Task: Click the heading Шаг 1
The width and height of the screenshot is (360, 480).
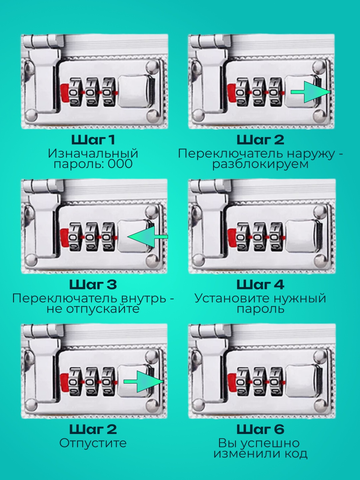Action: (93, 140)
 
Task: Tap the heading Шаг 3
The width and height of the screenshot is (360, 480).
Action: (93, 285)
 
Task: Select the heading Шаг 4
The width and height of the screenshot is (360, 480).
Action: (260, 285)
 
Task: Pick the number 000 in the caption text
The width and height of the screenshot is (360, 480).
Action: (120, 164)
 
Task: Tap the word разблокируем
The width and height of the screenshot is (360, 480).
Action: (260, 164)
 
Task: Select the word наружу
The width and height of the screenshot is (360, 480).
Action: (311, 154)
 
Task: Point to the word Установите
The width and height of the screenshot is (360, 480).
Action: (229, 299)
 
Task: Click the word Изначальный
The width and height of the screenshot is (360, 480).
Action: (93, 154)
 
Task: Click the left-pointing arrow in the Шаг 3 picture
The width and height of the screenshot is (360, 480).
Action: (147, 237)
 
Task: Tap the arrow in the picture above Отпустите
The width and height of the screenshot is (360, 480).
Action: (144, 382)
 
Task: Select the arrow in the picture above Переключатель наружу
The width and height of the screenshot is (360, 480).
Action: (311, 92)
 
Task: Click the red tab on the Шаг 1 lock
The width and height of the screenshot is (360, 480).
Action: (65, 93)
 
